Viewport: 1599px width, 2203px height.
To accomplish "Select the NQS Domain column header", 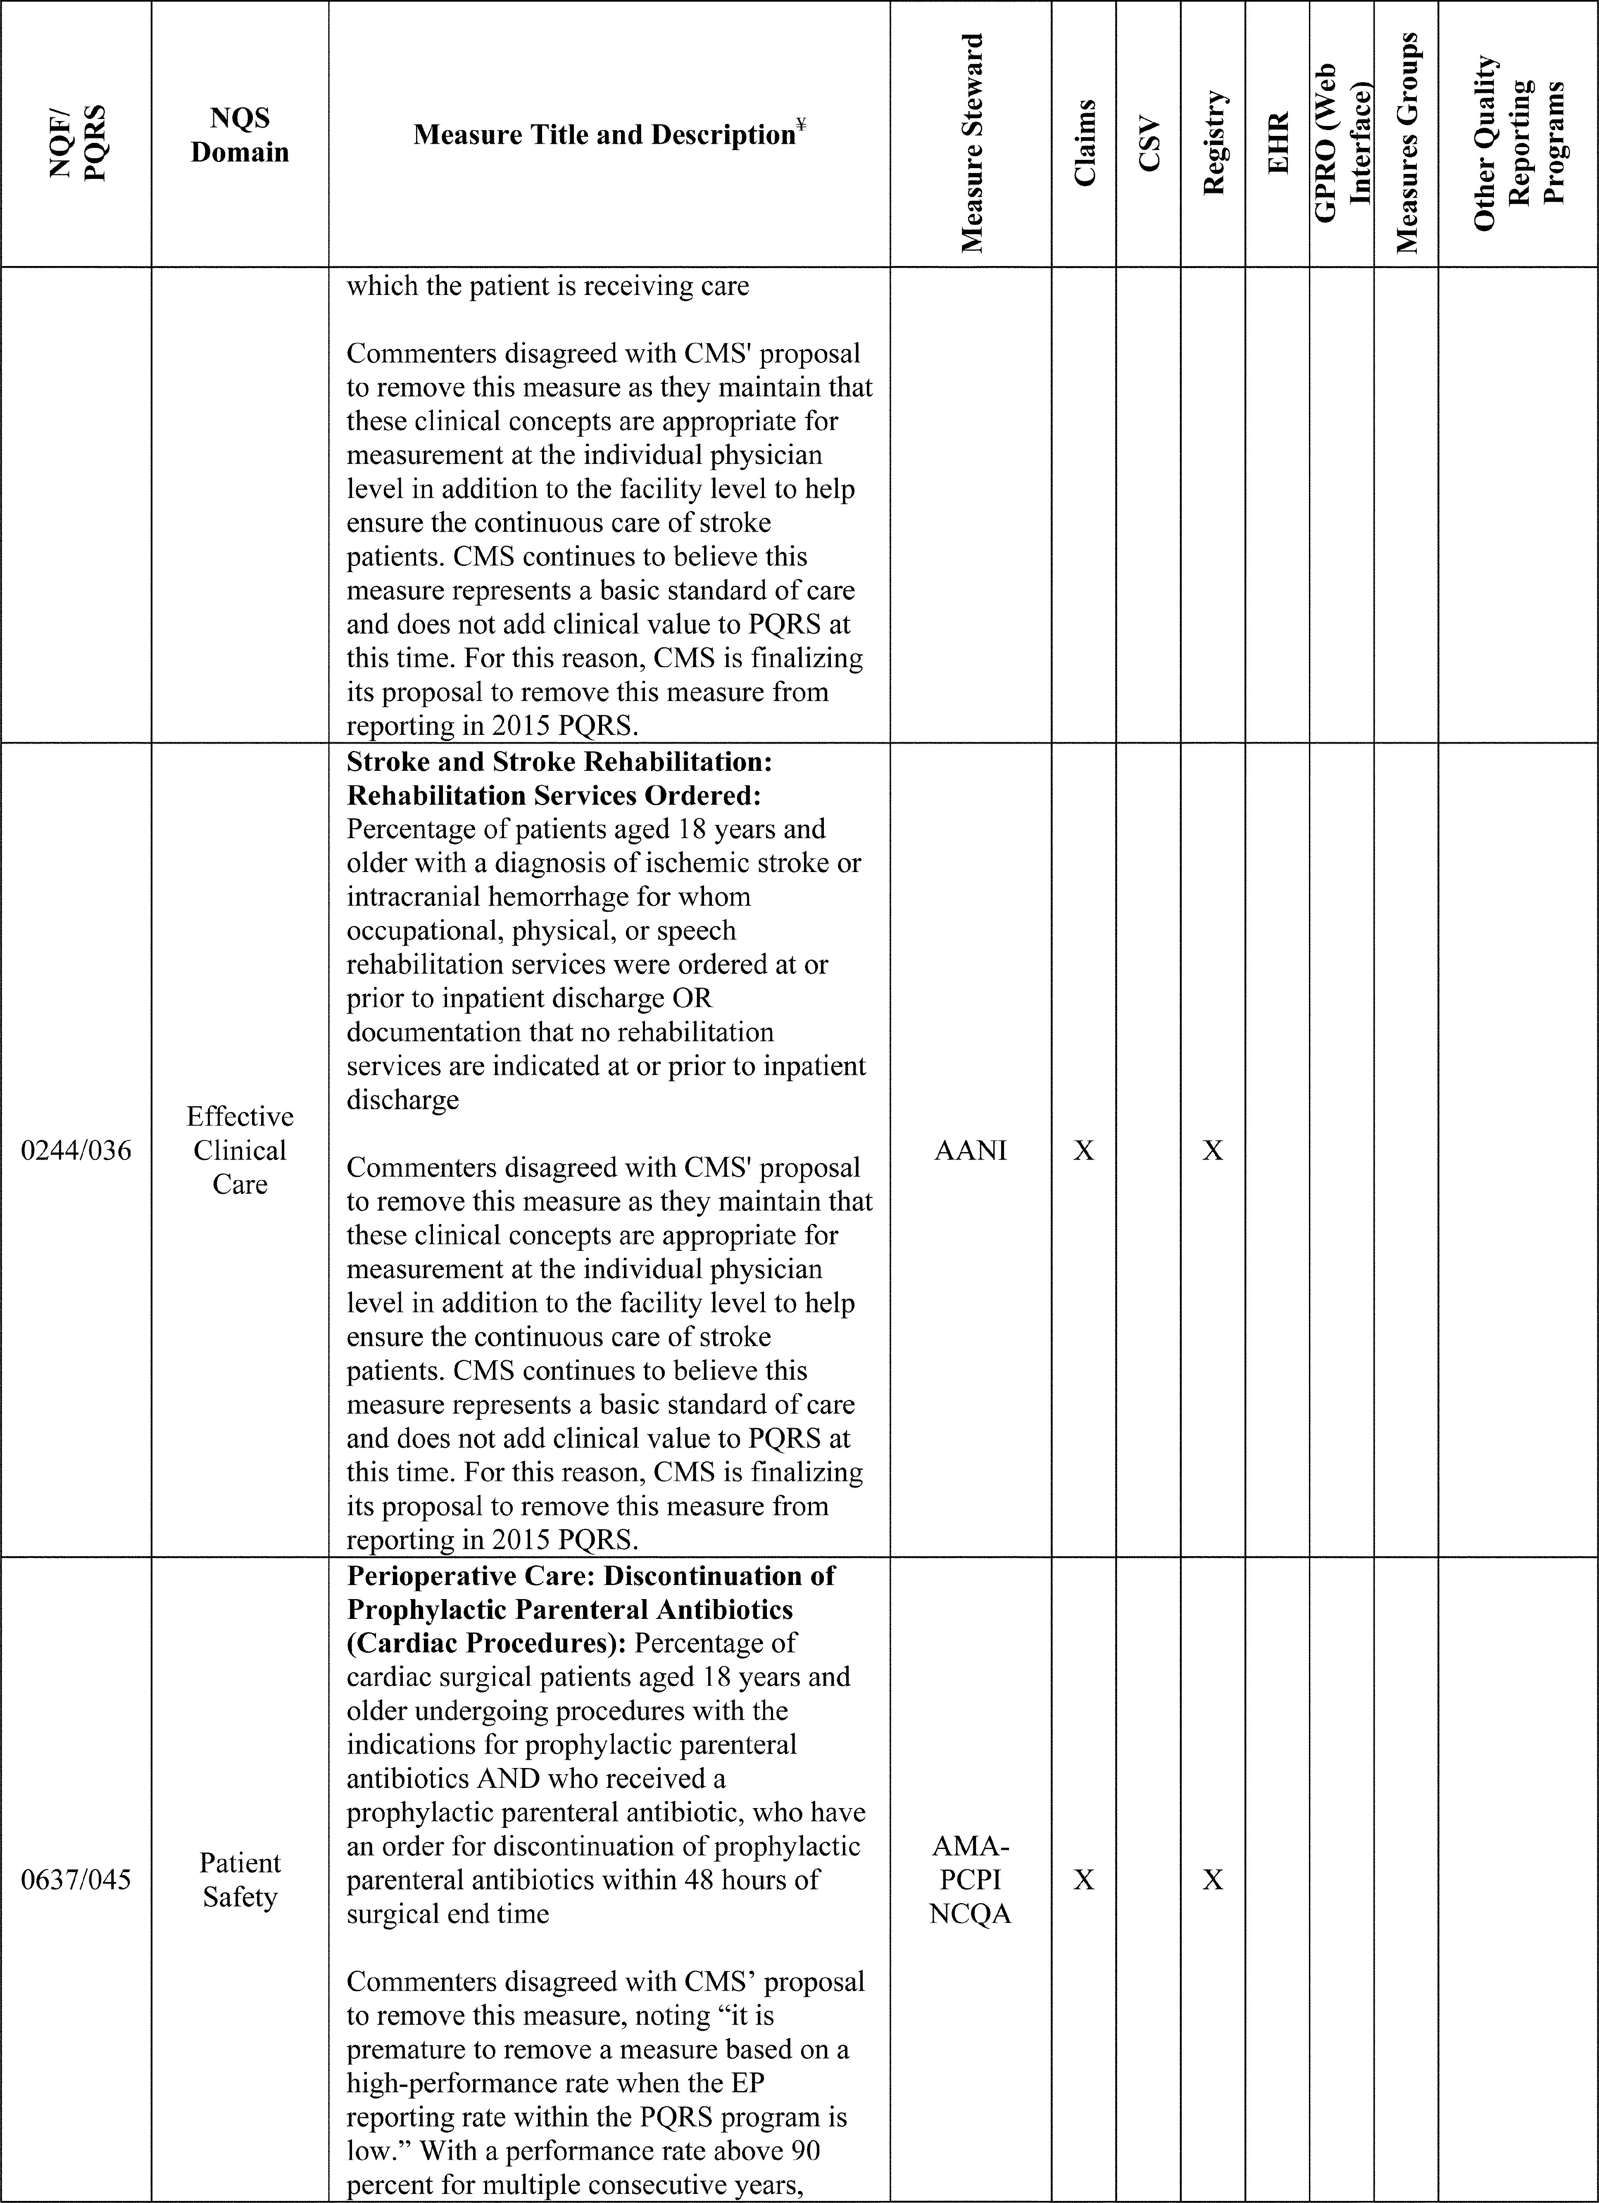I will tap(240, 135).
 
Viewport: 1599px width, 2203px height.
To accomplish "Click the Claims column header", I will tap(1084, 143).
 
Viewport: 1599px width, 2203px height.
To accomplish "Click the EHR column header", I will tap(1278, 143).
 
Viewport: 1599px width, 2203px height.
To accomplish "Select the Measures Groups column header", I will tap(1406, 143).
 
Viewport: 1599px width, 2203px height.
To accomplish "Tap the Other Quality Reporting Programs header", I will tap(1518, 143).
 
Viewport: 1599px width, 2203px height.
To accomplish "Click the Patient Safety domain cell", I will tap(240, 1880).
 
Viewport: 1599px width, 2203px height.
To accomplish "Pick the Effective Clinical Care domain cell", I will tap(240, 1150).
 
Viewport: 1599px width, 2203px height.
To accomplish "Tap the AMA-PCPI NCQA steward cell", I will tap(971, 1880).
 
